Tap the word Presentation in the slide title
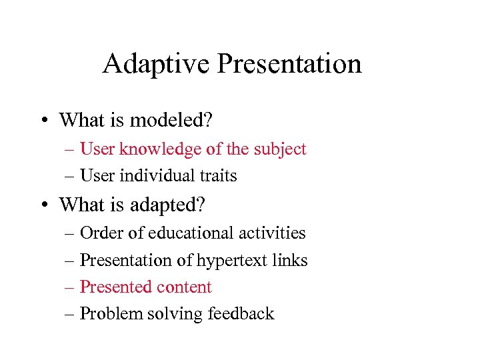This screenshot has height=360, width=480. (x=289, y=64)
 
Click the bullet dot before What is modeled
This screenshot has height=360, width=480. (x=42, y=121)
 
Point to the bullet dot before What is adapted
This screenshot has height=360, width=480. (x=42, y=205)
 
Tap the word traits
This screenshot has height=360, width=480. (x=217, y=176)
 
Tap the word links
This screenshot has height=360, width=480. (x=291, y=261)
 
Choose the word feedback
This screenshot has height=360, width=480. (x=241, y=315)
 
